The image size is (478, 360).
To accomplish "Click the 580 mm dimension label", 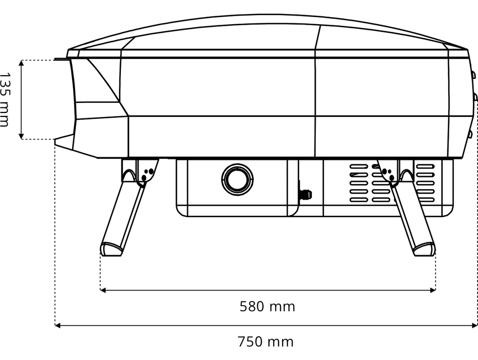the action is [267, 307].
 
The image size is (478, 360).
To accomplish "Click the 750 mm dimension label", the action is [265, 342].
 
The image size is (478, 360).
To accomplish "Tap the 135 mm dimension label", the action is [5, 99].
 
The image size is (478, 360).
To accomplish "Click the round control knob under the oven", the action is [237, 179].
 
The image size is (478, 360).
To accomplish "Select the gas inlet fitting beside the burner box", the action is [305, 194].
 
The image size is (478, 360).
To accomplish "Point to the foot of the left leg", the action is [111, 249].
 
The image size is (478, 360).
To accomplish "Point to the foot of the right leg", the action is [424, 249].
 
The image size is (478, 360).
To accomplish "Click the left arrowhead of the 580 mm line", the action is [103, 290].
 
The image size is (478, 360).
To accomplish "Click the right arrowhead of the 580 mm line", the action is [433, 290].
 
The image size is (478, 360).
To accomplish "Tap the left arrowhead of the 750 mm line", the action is [57, 326].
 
